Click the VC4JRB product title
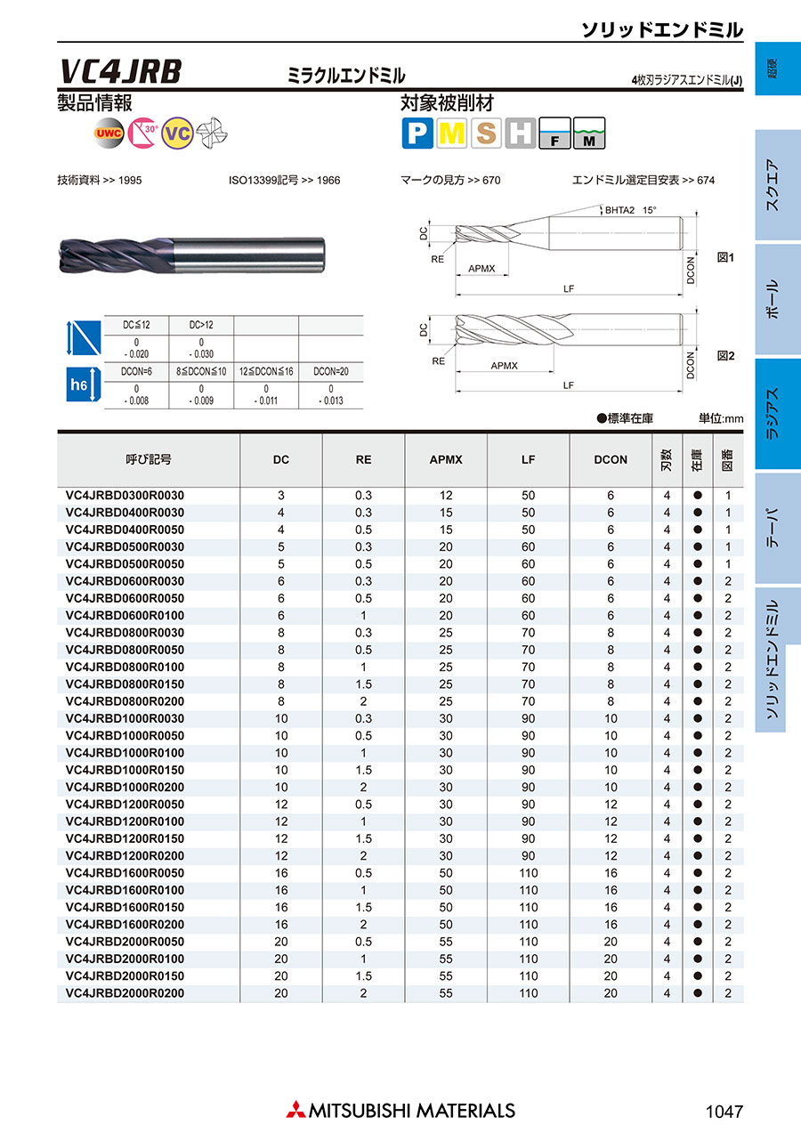[121, 72]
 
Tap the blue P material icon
[417, 134]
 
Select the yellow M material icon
[451, 134]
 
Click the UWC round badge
[109, 134]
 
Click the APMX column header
[446, 459]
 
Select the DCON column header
[611, 459]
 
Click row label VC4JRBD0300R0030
[125, 495]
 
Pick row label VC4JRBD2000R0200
[125, 993]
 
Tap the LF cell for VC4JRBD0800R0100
[529, 667]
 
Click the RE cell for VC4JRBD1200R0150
[363, 838]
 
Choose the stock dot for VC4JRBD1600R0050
[698, 873]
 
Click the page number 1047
[723, 1112]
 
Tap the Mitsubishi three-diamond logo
[295, 1111]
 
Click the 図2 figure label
[725, 355]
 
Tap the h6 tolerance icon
[78, 384]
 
